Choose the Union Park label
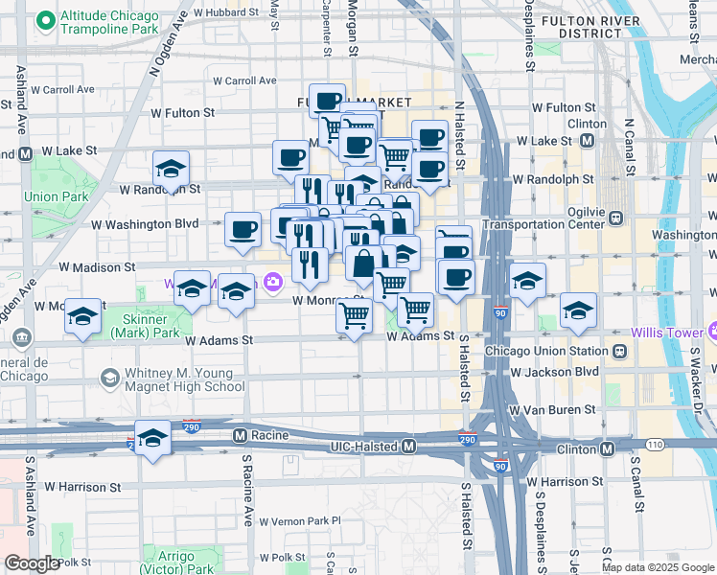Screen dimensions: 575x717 coord(43,196)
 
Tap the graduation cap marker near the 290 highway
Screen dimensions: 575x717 coord(151,439)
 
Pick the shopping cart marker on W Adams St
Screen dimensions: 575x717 coord(355,316)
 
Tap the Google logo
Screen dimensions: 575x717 coord(32,563)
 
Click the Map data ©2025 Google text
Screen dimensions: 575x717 coord(657,567)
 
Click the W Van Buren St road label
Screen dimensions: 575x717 coord(551,409)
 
